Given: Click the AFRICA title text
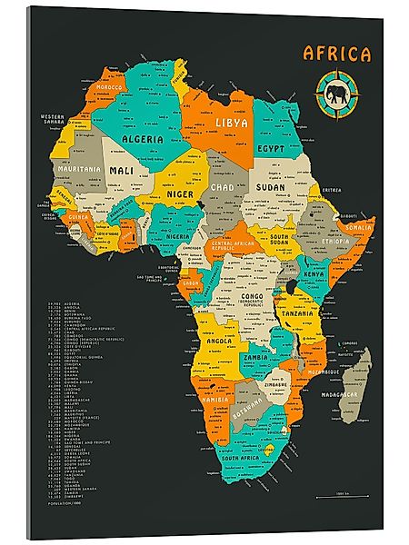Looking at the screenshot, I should tap(336, 54).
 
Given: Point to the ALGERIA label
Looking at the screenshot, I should tap(144, 139).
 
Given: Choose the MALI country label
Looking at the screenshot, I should tap(122, 170).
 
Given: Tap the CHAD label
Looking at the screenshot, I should tap(221, 186).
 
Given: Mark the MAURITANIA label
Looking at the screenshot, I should tap(77, 169).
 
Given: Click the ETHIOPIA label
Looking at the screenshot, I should tap(334, 242).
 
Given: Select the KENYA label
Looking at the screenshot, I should tap(313, 273).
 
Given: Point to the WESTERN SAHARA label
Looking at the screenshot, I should tap(55, 118).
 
